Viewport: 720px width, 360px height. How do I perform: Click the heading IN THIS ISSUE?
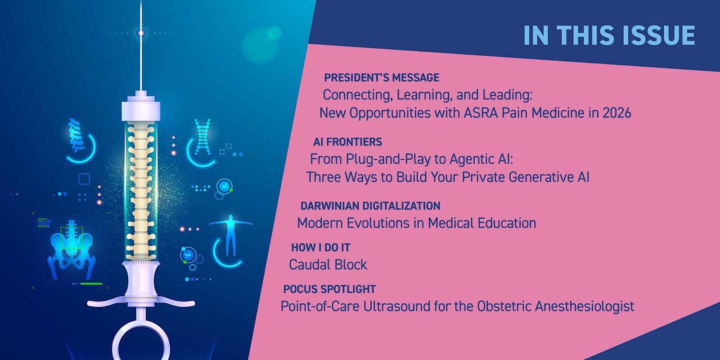[x=609, y=35]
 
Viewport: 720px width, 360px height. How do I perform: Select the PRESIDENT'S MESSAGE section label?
[x=382, y=77]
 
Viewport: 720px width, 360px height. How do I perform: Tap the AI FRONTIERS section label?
[x=348, y=142]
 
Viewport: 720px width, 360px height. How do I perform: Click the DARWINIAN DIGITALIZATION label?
[x=370, y=206]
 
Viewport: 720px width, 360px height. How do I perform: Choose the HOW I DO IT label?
[x=320, y=247]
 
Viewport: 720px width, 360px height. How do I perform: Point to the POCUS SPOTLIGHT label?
[x=329, y=289]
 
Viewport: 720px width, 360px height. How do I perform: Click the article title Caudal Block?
[x=328, y=265]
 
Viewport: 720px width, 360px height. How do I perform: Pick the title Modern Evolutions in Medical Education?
[x=417, y=223]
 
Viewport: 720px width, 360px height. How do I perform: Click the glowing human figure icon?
[x=230, y=234]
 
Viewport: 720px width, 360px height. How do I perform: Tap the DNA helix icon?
[x=203, y=136]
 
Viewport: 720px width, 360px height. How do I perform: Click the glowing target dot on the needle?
[x=141, y=33]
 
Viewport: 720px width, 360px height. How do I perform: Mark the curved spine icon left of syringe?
[x=77, y=135]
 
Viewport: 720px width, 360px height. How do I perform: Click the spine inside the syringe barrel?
[x=141, y=191]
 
